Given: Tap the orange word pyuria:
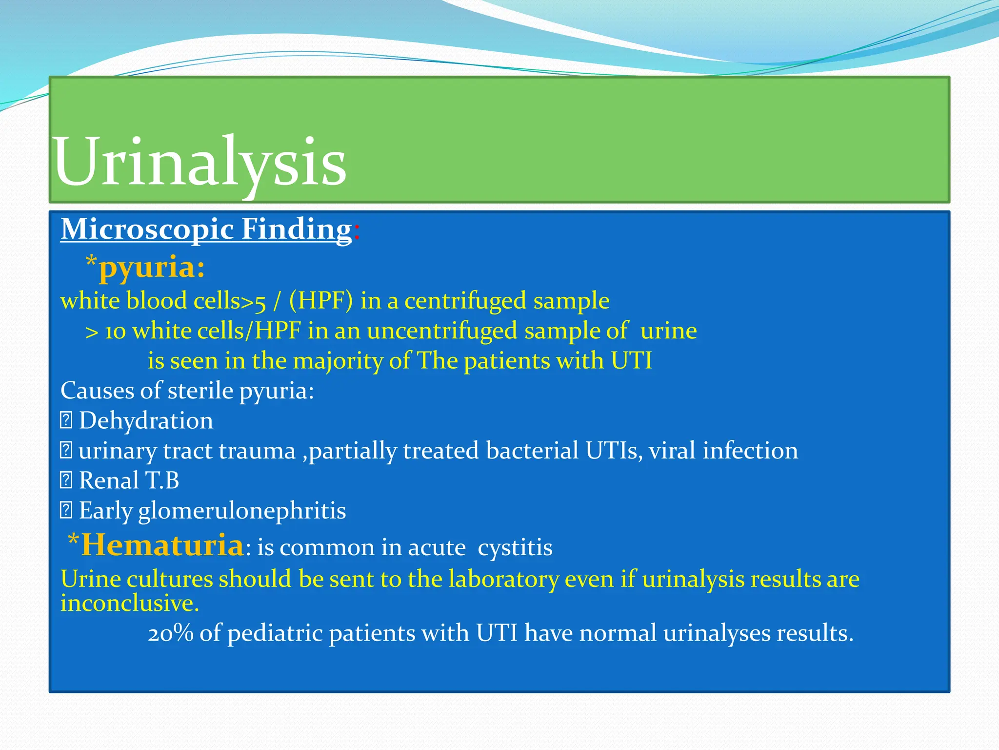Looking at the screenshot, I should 151,268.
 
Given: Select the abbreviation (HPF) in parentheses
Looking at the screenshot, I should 320,301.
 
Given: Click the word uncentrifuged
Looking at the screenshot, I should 441,332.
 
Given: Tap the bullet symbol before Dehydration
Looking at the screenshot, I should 66,420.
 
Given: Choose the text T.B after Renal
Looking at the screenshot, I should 162,481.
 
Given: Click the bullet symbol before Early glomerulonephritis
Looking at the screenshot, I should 66,510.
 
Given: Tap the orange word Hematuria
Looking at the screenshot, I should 162,545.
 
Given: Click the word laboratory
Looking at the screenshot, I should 503,580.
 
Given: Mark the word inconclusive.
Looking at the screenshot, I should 129,604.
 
